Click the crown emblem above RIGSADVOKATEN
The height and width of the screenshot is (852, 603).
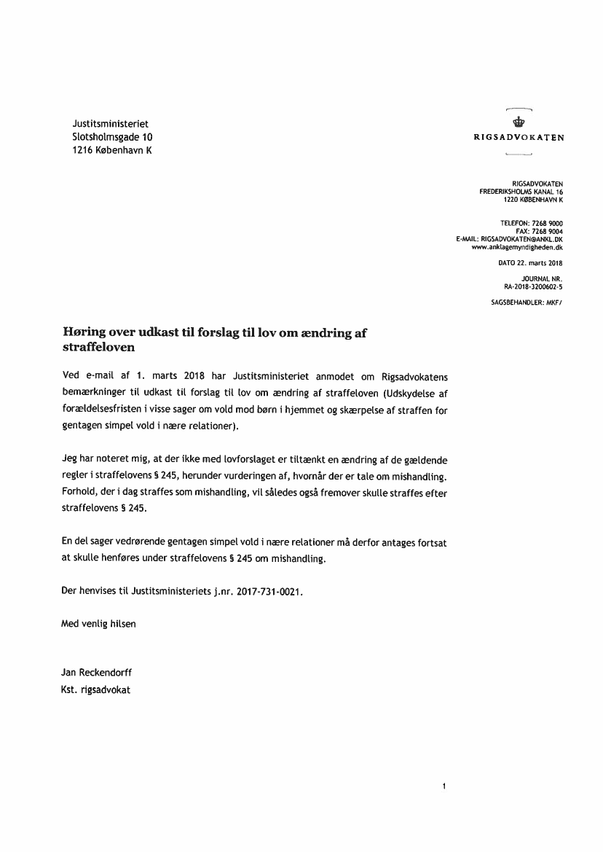519,121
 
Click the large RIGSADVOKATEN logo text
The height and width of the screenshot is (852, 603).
519,136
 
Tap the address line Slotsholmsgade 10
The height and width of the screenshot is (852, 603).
113,137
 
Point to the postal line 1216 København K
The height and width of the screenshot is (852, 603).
112,150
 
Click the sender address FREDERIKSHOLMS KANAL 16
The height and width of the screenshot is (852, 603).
521,191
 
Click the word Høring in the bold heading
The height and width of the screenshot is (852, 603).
87,332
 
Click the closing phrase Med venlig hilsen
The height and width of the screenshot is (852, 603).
98,624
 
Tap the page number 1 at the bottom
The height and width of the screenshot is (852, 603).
444,786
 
